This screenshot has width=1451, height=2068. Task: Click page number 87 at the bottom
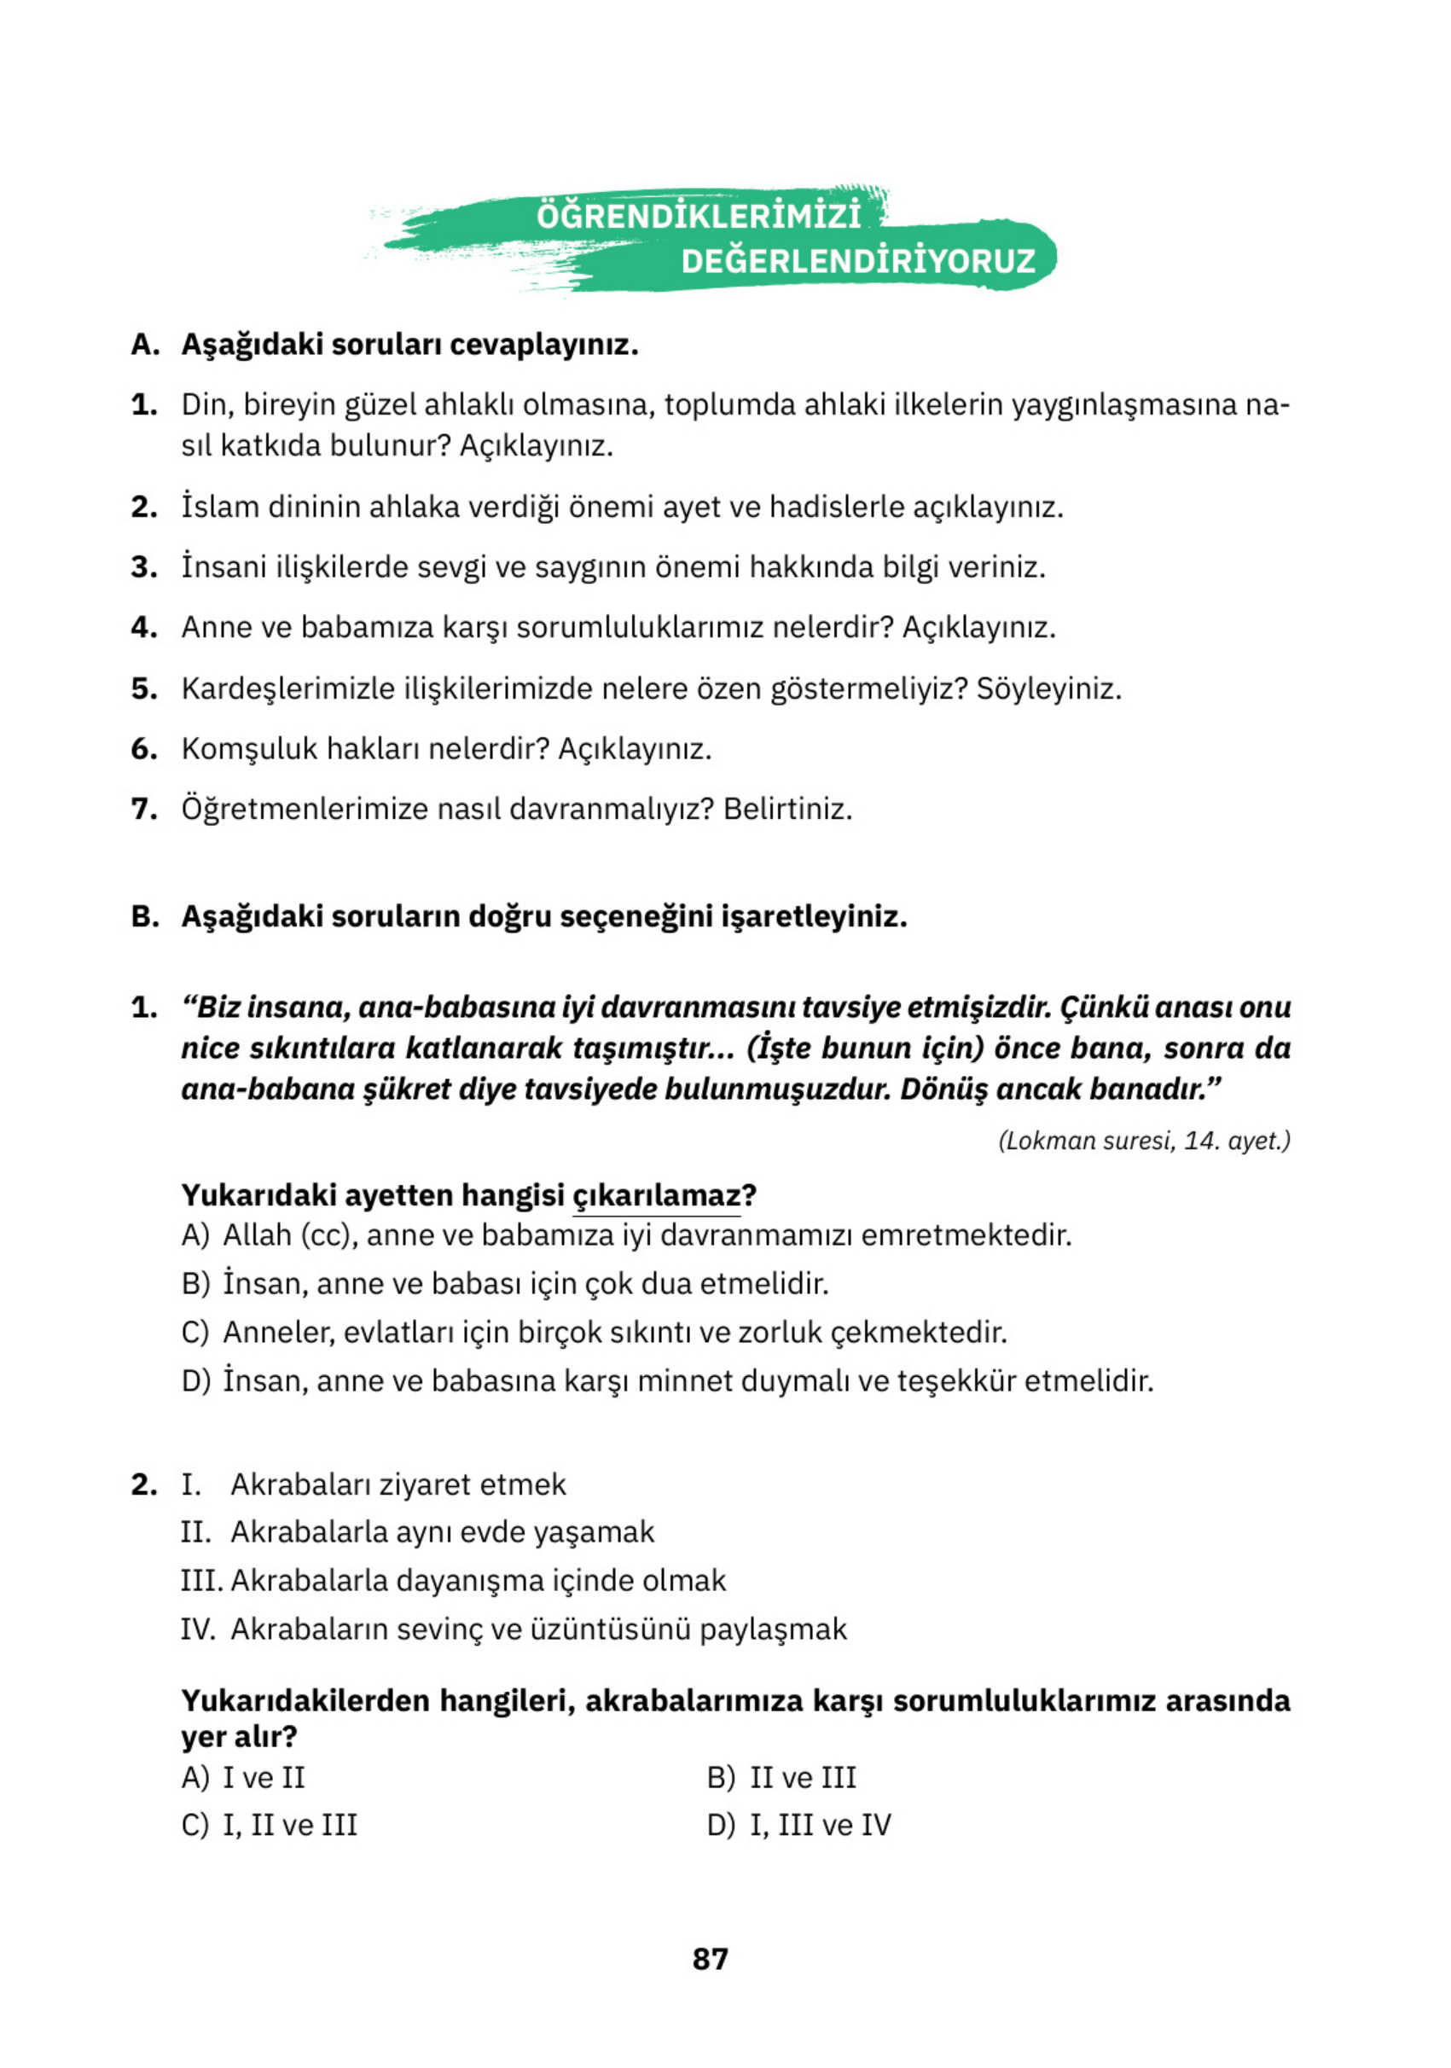[x=710, y=1958]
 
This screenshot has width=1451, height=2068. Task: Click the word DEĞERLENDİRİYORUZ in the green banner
[x=857, y=261]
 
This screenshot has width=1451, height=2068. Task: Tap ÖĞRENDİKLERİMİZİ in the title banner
[x=699, y=216]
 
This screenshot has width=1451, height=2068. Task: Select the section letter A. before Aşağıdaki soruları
[x=145, y=345]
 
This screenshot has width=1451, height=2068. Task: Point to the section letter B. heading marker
[x=145, y=917]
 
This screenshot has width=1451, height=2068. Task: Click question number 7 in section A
[x=144, y=809]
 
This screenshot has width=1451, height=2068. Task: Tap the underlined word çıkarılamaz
[x=656, y=1195]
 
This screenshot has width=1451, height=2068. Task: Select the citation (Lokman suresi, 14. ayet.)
[x=1144, y=1141]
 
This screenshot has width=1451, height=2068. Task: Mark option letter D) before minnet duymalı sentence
[x=195, y=1380]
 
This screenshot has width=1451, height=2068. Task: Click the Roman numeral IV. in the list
[x=197, y=1629]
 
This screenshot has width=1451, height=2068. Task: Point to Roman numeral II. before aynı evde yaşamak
[x=194, y=1531]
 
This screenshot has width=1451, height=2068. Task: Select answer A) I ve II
[x=243, y=1777]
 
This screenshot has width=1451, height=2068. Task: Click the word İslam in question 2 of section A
[x=220, y=507]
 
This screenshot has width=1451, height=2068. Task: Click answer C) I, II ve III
[x=269, y=1825]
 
